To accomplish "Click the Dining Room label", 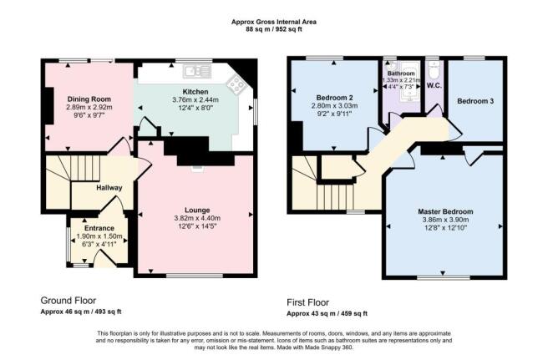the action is (x=89, y=99).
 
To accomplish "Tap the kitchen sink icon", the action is (x=197, y=71).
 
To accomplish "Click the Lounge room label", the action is (x=197, y=210).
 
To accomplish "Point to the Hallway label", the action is (x=109, y=188).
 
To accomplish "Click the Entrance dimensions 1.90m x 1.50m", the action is (x=99, y=236).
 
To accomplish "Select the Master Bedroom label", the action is (x=445, y=211).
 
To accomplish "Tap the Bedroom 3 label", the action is (x=475, y=101).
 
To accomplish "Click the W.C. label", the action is (x=434, y=86).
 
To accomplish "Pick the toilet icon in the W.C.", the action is (x=434, y=71).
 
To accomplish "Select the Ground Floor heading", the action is (x=68, y=300).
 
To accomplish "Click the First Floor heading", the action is (x=308, y=302).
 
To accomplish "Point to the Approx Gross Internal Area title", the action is (x=274, y=22).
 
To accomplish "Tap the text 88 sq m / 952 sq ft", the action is (x=274, y=29).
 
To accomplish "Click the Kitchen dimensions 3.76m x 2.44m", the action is (x=195, y=100).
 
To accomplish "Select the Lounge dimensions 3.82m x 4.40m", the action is (x=197, y=219).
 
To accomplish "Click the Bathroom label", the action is (x=401, y=74).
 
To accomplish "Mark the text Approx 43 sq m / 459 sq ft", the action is (x=327, y=313).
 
